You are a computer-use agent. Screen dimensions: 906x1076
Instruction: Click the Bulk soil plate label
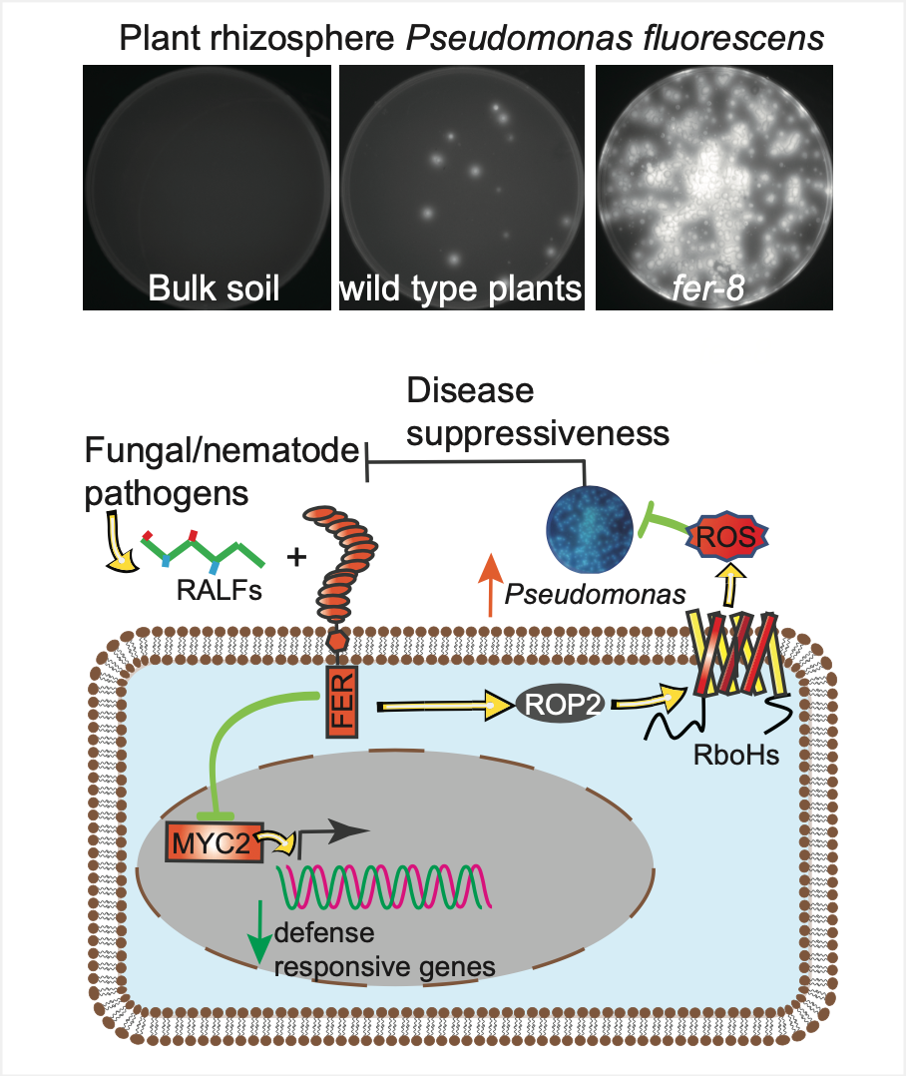(214, 288)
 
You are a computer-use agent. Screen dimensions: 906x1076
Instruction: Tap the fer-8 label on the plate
(707, 288)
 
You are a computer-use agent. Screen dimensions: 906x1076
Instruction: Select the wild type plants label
(461, 289)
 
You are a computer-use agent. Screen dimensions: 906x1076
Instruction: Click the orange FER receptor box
(341, 701)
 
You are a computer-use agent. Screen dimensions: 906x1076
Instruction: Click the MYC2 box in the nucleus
(214, 842)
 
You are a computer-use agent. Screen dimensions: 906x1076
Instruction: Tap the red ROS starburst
(727, 536)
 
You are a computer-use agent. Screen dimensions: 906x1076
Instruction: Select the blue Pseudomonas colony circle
(589, 529)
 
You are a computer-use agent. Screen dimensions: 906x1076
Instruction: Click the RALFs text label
(220, 590)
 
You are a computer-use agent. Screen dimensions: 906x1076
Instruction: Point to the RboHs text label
(736, 755)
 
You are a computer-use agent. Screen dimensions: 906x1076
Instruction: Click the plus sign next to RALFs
(296, 557)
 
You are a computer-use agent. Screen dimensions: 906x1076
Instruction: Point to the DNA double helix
(384, 886)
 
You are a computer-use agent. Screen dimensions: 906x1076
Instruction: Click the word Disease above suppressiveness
(470, 390)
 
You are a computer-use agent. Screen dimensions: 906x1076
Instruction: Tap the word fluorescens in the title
(733, 38)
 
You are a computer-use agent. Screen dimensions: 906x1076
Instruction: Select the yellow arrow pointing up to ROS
(731, 585)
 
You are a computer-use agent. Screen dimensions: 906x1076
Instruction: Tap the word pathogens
(166, 495)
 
